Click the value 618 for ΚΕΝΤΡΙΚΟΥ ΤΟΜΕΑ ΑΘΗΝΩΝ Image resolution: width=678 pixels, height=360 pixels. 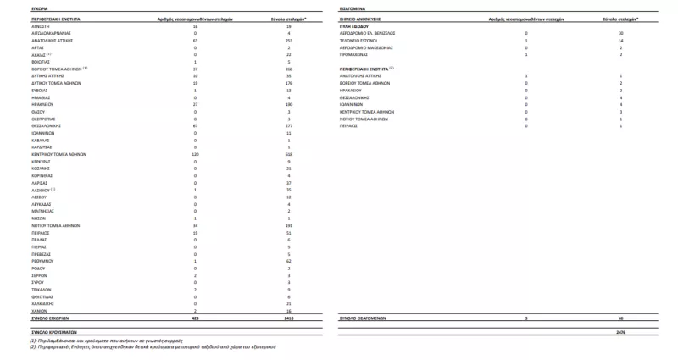coord(288,155)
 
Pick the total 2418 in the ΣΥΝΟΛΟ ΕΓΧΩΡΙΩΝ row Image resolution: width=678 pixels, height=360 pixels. coord(288,318)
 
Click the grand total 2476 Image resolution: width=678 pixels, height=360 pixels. coord(621,331)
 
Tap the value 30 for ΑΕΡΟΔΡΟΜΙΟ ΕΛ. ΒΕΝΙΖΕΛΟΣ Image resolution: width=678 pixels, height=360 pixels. coord(621,32)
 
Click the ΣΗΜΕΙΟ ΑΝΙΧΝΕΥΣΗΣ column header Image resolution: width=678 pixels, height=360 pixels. coord(358,17)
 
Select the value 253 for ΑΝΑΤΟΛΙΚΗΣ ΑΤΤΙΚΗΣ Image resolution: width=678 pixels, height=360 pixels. coord(288,40)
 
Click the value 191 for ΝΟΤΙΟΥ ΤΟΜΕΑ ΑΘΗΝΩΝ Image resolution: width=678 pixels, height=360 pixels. coord(288,226)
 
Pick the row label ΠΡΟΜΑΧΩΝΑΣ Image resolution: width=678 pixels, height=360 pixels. coord(354,53)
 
